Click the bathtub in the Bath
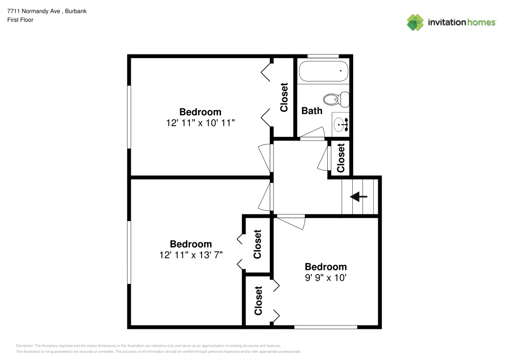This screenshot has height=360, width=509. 323,71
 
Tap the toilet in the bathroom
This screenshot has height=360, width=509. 336,99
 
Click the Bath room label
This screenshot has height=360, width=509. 312,110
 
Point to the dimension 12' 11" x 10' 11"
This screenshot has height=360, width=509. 200,123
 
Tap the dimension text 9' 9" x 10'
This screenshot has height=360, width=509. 326,278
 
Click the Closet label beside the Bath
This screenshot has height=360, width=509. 284,97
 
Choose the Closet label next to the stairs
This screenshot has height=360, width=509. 341,157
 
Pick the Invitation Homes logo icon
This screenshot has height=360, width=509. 415,22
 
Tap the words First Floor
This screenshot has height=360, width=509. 20,20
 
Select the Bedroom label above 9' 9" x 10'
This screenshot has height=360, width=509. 326,267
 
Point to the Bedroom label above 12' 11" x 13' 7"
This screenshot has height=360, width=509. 190,244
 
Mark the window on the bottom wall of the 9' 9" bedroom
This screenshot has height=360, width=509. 326,326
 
